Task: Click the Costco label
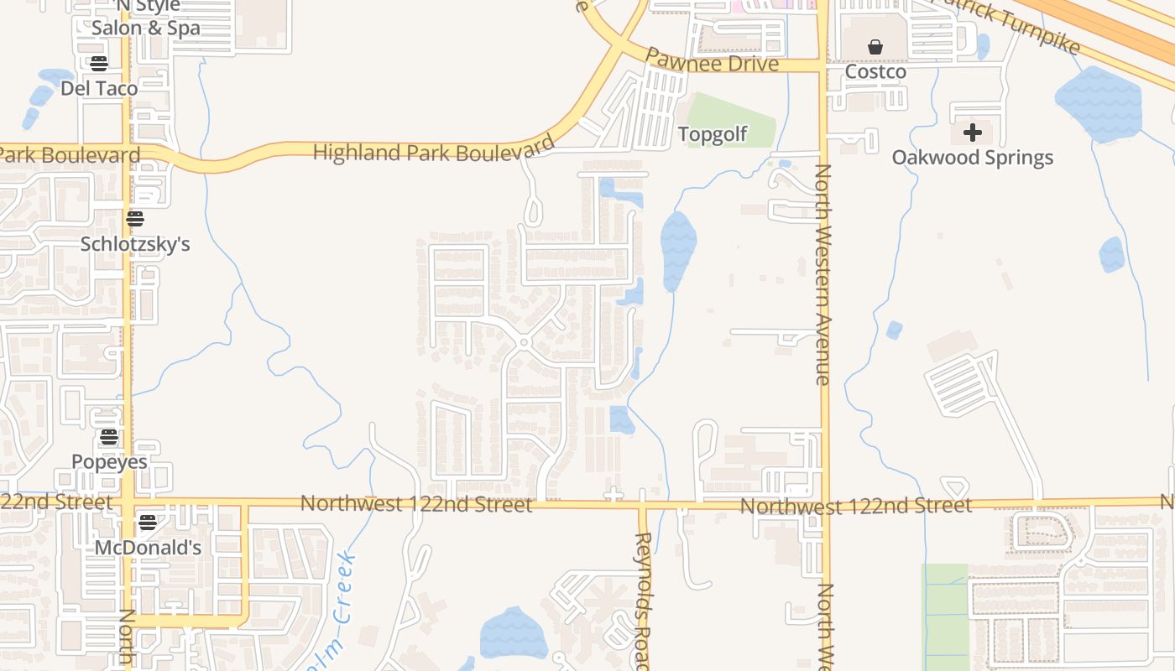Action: (x=875, y=72)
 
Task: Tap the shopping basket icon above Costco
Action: (x=875, y=48)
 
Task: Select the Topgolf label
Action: (x=713, y=134)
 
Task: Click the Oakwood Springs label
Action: (x=972, y=158)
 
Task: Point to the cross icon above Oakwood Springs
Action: (x=973, y=133)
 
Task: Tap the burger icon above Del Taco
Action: (x=99, y=64)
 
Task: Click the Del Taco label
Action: (x=99, y=88)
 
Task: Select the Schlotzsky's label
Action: (x=135, y=244)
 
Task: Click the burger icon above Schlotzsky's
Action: (x=135, y=220)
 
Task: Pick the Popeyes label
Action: (x=109, y=462)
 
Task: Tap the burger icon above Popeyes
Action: (x=108, y=437)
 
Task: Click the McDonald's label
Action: (x=148, y=548)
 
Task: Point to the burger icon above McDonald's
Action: (x=148, y=523)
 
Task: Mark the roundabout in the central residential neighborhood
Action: (x=524, y=342)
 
